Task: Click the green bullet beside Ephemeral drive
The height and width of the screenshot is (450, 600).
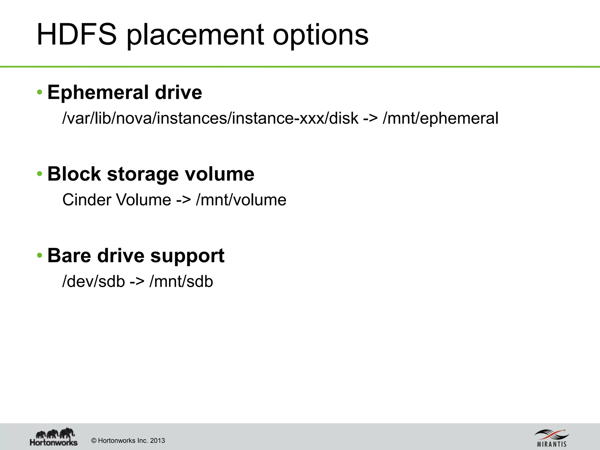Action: pos(40,93)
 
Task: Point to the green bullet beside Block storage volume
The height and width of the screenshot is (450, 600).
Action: pos(40,174)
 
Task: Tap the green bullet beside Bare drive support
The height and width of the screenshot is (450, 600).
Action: pos(40,255)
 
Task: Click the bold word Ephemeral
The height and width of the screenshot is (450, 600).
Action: pos(98,93)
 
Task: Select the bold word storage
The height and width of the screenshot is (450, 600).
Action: pos(143,174)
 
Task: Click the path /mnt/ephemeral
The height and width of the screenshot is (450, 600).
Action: pos(440,118)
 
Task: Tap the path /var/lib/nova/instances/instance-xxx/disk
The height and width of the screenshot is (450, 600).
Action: pos(210,118)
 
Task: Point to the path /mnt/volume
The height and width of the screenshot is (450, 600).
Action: pos(241,200)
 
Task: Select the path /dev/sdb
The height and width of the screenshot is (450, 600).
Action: pos(94,281)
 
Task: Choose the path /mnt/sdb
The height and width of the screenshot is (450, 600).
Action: pos(181,281)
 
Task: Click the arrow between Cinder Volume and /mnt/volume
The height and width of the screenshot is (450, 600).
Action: pos(183,200)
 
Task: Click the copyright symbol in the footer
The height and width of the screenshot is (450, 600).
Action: pos(94,441)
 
